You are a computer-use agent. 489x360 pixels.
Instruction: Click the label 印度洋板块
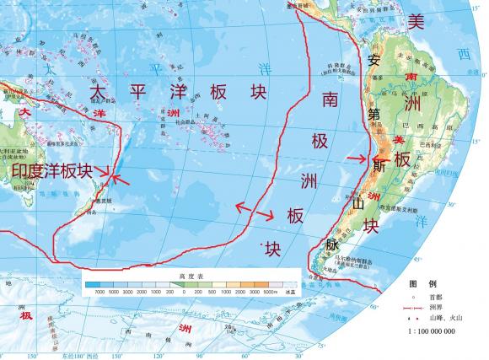[51, 171]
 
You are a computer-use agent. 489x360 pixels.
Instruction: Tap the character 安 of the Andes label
[376, 61]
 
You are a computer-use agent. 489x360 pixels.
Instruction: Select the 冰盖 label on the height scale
[291, 291]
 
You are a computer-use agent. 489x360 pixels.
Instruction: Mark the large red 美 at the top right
[416, 22]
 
